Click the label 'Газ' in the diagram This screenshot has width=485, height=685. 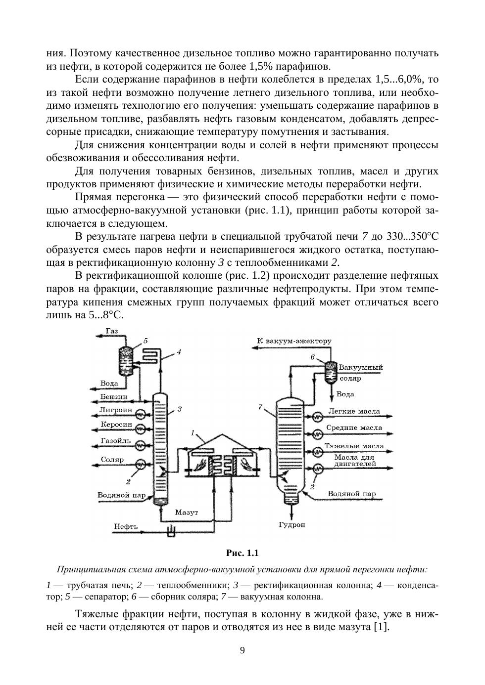coord(111,331)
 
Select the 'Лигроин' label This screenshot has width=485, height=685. coord(115,410)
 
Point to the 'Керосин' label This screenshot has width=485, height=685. coord(116,425)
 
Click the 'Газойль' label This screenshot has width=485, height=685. coord(115,440)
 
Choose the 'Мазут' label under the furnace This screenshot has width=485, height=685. coord(187,513)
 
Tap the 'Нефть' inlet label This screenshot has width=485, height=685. coord(126,526)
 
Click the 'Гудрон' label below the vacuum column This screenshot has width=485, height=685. coord(291,525)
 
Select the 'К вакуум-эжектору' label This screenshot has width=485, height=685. coord(294,341)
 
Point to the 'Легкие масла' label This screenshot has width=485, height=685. coord(354,411)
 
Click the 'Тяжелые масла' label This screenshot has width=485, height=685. coord(354,446)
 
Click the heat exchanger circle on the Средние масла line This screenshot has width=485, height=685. coord(317,434)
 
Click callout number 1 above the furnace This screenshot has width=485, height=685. coord(194,432)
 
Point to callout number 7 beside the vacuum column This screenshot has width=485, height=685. coord(259,407)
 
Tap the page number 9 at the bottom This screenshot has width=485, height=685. coord(242,650)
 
